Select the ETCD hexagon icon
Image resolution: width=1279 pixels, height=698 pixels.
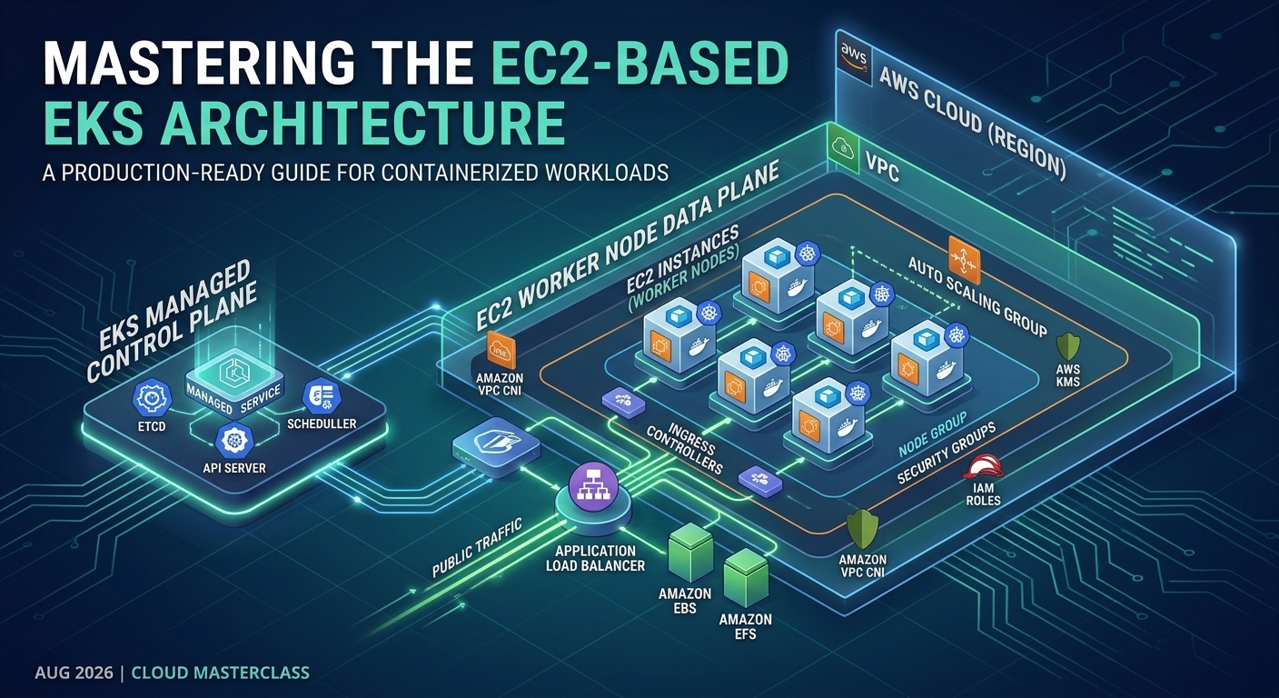tap(152, 398)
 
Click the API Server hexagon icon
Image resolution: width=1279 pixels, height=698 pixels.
tap(234, 441)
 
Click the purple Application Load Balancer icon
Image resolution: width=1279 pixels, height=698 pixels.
tap(593, 487)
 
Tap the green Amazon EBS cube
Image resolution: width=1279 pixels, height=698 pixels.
tap(691, 552)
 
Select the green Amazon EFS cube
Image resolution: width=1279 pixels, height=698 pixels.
tap(747, 578)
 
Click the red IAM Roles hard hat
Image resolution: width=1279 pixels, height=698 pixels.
tap(983, 466)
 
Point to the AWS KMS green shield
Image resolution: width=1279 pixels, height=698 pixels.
tap(1067, 345)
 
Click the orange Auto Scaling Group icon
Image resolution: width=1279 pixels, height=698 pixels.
tap(965, 261)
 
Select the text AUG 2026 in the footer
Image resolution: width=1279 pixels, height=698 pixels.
tap(74, 673)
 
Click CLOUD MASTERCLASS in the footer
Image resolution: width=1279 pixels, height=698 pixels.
tap(221, 673)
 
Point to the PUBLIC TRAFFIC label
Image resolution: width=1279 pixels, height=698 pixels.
tap(477, 547)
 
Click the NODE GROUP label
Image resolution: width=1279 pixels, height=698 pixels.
tap(932, 434)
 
